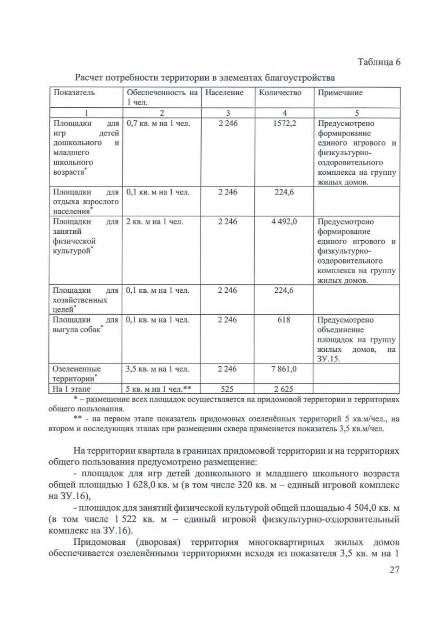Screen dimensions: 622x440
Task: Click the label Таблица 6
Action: [379, 62]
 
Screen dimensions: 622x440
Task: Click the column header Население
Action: [224, 93]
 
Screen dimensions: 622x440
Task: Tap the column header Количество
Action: [280, 93]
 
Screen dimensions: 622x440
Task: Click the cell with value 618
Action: [284, 320]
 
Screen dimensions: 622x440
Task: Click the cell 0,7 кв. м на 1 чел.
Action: [158, 123]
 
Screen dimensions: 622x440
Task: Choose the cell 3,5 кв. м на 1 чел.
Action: [158, 369]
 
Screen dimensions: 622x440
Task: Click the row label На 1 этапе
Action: [71, 389]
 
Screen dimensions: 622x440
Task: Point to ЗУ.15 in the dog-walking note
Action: [329, 359]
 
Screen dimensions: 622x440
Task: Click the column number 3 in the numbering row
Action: [228, 113]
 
